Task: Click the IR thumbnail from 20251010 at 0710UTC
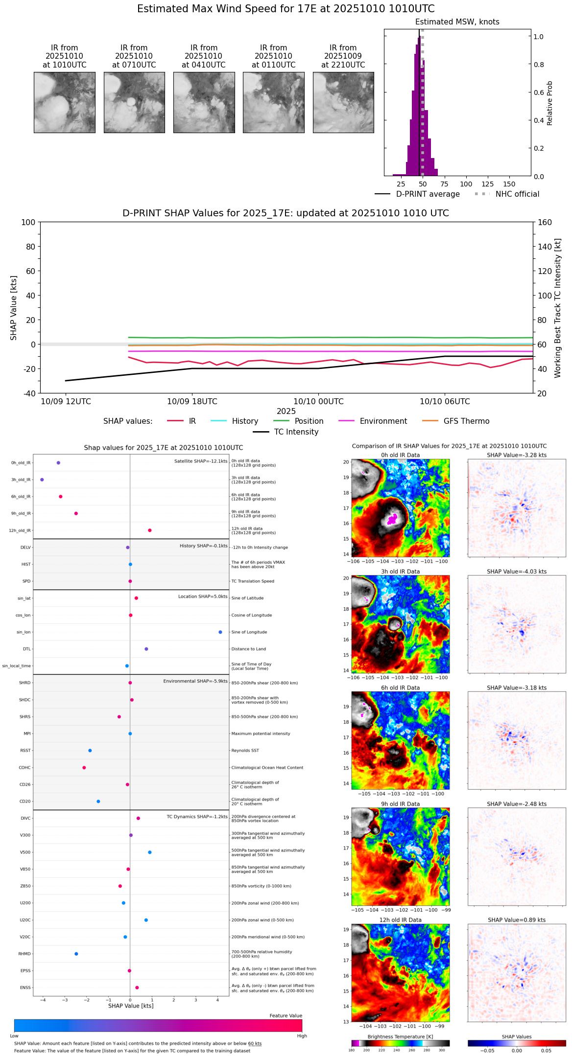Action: point(134,102)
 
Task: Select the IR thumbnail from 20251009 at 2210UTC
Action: point(343,102)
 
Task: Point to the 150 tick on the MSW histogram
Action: point(509,184)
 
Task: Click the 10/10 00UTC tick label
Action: point(318,402)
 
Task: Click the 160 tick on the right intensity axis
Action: point(545,222)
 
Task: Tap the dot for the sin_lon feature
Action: point(220,632)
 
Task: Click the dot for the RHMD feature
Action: point(76,954)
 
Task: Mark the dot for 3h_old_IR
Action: point(42,480)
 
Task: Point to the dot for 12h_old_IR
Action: point(150,530)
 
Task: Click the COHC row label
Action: point(24,768)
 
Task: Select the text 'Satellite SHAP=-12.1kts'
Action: point(201,461)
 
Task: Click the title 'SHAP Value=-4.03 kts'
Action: point(517,572)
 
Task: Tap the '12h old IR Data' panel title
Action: point(400,920)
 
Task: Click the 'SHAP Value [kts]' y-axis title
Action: point(14,308)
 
